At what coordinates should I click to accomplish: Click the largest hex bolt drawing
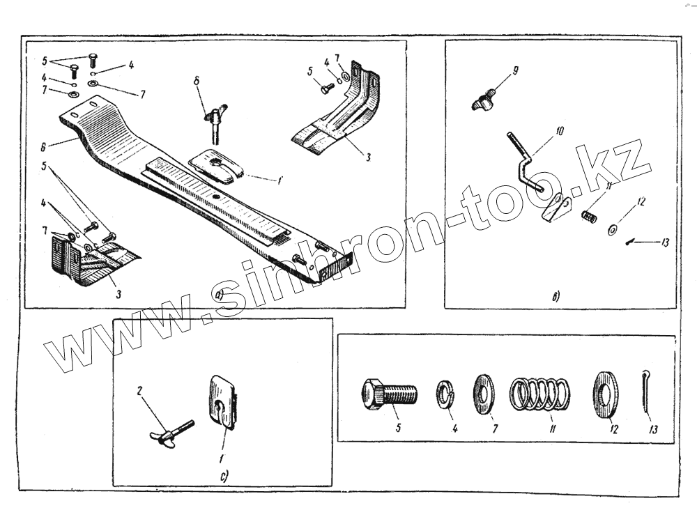[x=388, y=394]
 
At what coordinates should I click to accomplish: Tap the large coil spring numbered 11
[x=540, y=394]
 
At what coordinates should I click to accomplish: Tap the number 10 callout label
[x=561, y=130]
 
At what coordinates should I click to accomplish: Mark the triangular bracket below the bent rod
[x=557, y=206]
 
